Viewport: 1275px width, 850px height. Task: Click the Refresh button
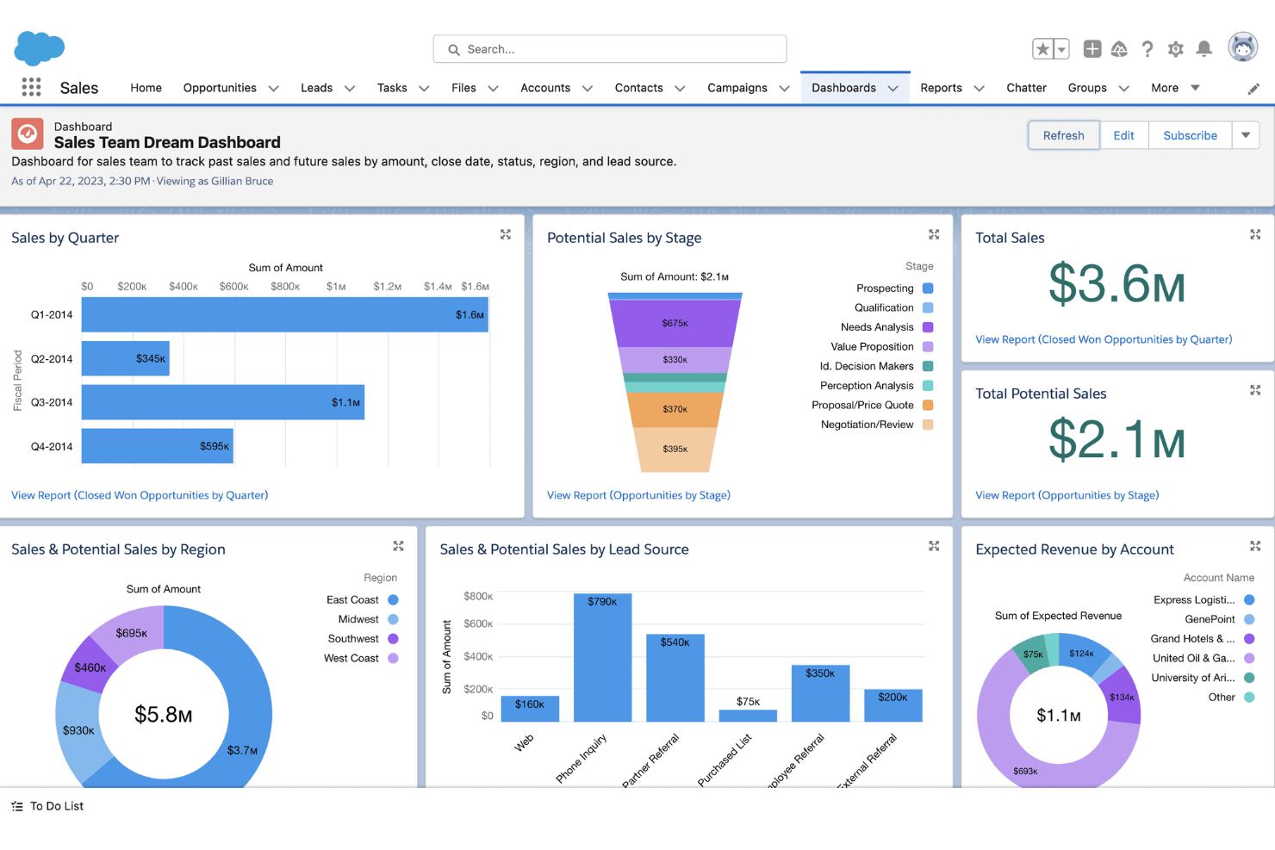pyautogui.click(x=1063, y=135)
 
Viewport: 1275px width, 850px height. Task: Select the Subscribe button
pyautogui.click(x=1190, y=135)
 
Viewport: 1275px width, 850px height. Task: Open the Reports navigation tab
pyautogui.click(x=941, y=88)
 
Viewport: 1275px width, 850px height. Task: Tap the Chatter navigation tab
pyautogui.click(x=1026, y=88)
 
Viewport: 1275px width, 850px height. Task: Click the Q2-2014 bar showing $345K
pyautogui.click(x=125, y=358)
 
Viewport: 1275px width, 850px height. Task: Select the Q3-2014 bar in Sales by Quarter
pyautogui.click(x=222, y=402)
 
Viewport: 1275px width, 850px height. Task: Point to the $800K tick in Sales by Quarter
pyautogui.click(x=285, y=287)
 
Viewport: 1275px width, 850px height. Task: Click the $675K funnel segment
pyautogui.click(x=675, y=323)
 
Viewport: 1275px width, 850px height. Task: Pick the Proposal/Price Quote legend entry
pyautogui.click(x=863, y=405)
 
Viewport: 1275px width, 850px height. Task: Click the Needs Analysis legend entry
pyautogui.click(x=877, y=327)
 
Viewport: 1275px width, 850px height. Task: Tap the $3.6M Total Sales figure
pyautogui.click(x=1116, y=283)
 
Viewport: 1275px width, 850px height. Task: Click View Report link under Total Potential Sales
pyautogui.click(x=1067, y=495)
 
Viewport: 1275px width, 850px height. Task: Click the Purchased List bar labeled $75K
pyautogui.click(x=748, y=716)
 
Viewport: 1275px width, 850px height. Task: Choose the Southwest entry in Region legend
pyautogui.click(x=353, y=639)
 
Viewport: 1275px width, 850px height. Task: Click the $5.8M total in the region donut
pyautogui.click(x=164, y=714)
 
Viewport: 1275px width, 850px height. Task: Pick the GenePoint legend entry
pyautogui.click(x=1210, y=619)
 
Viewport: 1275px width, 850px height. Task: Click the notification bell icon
pyautogui.click(x=1204, y=49)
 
